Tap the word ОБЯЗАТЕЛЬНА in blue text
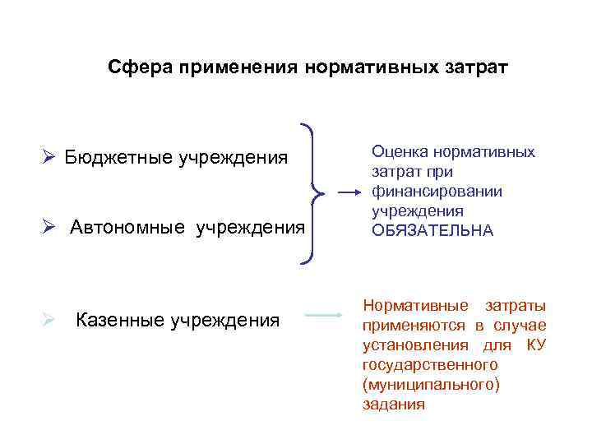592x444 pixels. [432, 231]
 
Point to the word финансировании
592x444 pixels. [437, 192]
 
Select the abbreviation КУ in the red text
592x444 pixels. [535, 345]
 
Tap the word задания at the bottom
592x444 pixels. [393, 404]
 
